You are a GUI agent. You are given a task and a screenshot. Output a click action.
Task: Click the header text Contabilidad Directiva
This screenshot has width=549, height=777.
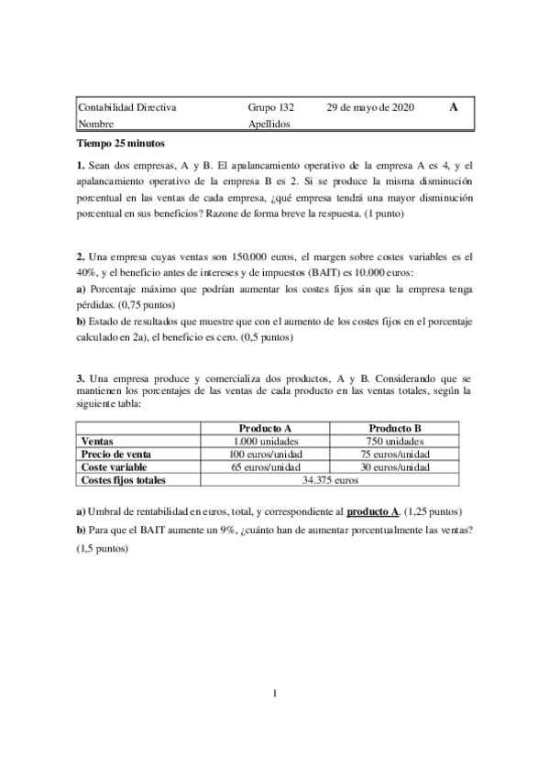coord(128,108)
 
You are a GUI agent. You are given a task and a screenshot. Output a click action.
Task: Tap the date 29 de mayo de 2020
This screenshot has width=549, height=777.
coord(370,108)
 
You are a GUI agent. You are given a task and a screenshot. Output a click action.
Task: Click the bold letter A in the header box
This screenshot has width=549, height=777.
coord(454,107)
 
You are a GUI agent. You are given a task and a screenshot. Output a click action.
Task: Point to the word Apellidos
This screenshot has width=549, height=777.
coord(269,123)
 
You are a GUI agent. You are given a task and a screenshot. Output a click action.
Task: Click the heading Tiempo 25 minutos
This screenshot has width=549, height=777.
coord(120,143)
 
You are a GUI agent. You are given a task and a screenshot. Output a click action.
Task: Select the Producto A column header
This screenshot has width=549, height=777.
coord(265,428)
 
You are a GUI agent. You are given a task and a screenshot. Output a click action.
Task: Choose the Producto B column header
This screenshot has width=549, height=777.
coord(394,428)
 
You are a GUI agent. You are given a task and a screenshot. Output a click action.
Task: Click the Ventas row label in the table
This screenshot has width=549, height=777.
coord(98,441)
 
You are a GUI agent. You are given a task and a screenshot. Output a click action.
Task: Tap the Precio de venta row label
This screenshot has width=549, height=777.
coord(116,454)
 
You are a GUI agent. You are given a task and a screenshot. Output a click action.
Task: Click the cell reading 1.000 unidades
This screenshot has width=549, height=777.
coord(265,441)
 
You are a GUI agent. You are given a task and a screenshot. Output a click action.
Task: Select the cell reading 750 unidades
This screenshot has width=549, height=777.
coord(394,441)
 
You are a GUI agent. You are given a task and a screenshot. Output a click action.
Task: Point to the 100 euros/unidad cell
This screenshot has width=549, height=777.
coord(265,454)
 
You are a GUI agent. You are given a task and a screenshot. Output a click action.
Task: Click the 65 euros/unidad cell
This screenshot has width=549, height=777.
coord(265,466)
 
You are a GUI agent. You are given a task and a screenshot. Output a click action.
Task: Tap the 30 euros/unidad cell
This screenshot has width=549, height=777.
coord(394,466)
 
